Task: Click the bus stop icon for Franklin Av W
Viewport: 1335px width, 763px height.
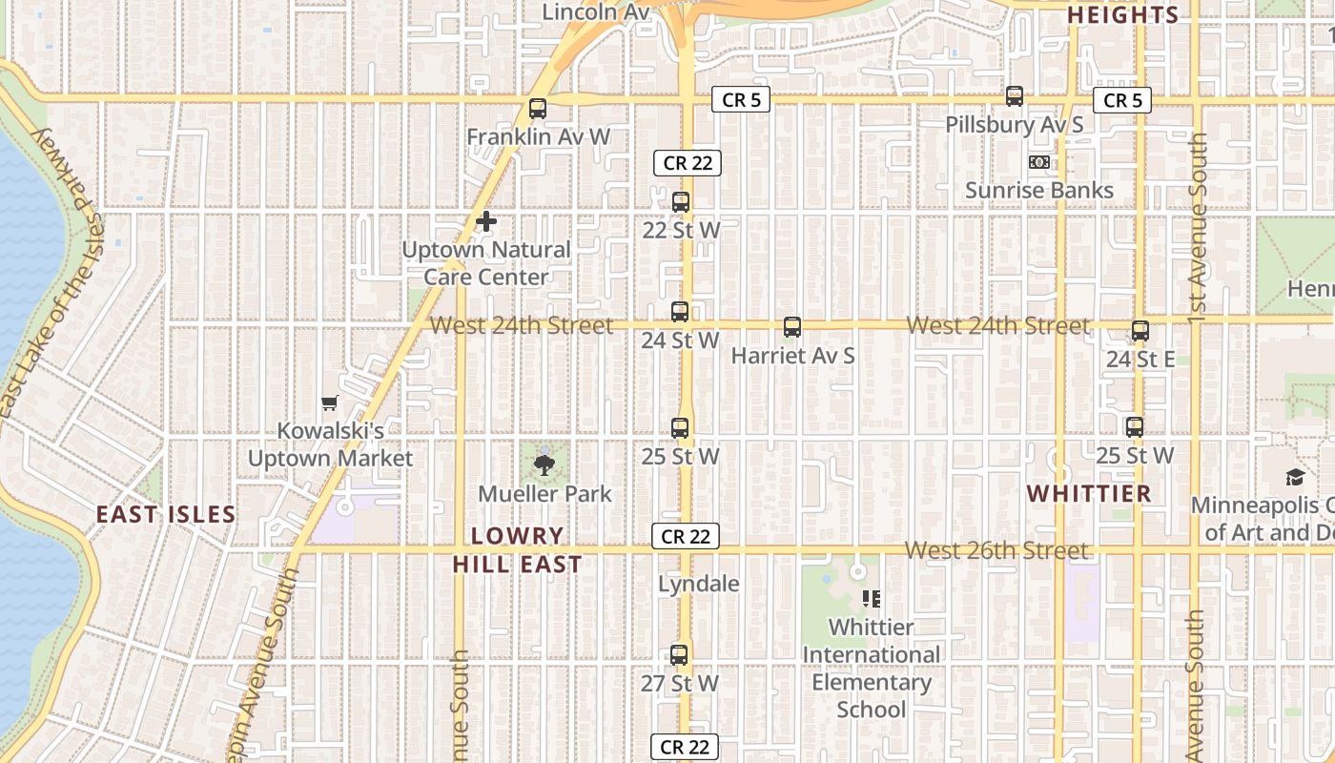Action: pos(538,109)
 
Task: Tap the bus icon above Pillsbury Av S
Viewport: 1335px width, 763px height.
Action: pos(1015,96)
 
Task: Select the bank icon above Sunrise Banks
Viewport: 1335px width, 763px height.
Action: pos(1039,162)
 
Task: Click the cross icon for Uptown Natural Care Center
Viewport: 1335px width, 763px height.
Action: pos(486,222)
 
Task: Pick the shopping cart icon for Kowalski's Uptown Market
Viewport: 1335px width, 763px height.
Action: pos(330,403)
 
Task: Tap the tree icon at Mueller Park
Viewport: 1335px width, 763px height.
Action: pos(544,465)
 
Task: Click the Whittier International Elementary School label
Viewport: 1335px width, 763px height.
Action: pos(871,668)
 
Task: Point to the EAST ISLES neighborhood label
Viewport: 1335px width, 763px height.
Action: pos(166,515)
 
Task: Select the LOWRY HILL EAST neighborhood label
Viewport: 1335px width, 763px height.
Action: pos(518,550)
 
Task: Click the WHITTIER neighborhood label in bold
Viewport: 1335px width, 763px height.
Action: pos(1089,494)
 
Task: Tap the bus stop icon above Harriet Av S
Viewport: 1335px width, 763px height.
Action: pos(792,327)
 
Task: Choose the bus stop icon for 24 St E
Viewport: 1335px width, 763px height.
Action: pos(1140,331)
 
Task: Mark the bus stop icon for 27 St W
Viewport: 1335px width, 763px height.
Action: pos(679,655)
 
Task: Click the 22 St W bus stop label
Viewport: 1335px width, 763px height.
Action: pos(681,231)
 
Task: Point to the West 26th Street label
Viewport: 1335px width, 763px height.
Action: pos(996,550)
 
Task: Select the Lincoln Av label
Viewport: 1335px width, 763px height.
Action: pos(596,12)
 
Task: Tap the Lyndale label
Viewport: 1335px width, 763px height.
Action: pos(699,584)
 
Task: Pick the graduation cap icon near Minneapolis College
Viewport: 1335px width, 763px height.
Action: pos(1295,477)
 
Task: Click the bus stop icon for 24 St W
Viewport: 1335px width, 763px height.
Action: pos(680,311)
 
